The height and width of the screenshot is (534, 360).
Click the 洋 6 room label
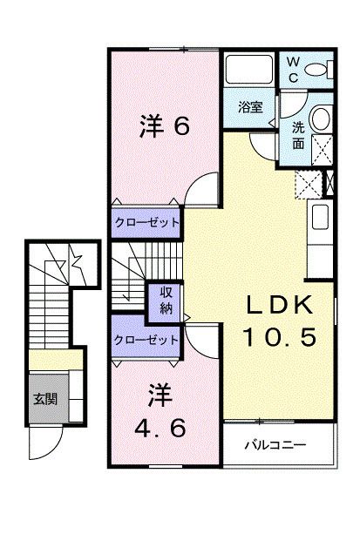point(164,126)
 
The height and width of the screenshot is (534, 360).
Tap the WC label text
point(294,67)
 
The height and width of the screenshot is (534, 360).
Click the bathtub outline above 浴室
point(250,69)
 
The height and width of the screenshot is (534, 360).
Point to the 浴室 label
point(251,107)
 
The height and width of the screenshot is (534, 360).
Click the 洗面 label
point(298,132)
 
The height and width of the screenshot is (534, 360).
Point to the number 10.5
point(276,335)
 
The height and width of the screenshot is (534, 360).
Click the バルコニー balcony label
point(281,444)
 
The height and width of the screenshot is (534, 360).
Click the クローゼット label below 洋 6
point(146,223)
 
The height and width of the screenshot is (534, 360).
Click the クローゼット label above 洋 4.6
point(146,339)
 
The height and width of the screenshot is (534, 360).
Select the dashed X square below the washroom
point(308,183)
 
